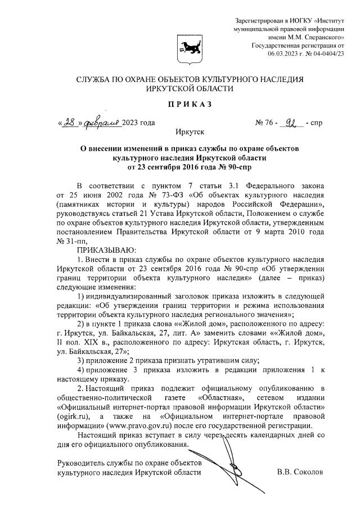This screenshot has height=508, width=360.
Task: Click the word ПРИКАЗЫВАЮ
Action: (106, 250)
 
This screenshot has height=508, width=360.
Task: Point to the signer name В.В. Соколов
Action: (300, 473)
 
